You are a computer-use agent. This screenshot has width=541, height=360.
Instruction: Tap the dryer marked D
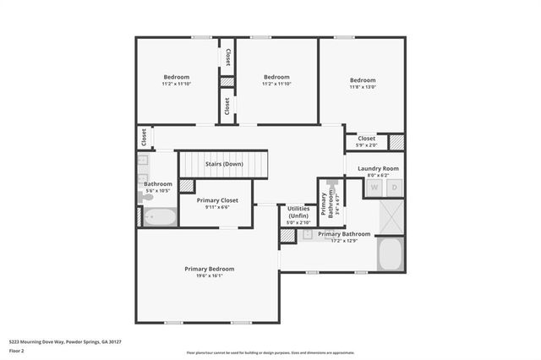(x=393, y=188)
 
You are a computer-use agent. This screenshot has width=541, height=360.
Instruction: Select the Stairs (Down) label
(x=224, y=163)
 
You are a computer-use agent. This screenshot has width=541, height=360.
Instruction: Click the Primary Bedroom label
(x=210, y=269)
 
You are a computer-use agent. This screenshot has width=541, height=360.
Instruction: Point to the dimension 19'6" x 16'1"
(x=210, y=276)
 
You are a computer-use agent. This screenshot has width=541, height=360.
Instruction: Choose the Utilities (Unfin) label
(x=298, y=212)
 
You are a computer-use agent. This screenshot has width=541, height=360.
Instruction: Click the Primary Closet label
(x=217, y=200)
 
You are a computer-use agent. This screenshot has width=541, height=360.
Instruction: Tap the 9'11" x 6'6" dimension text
(x=217, y=207)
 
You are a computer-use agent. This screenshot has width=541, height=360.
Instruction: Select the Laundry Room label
(x=377, y=168)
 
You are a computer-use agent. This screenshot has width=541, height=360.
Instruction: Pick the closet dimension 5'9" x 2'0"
(x=367, y=145)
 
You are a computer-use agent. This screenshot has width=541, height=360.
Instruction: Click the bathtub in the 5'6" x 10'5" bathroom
(x=158, y=217)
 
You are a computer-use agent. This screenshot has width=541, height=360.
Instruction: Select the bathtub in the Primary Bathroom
(x=391, y=253)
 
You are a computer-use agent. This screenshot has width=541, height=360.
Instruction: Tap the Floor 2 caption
(x=18, y=350)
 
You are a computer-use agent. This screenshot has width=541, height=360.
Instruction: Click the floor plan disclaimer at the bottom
(x=270, y=352)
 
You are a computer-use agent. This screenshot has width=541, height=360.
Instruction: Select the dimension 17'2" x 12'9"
(x=344, y=241)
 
